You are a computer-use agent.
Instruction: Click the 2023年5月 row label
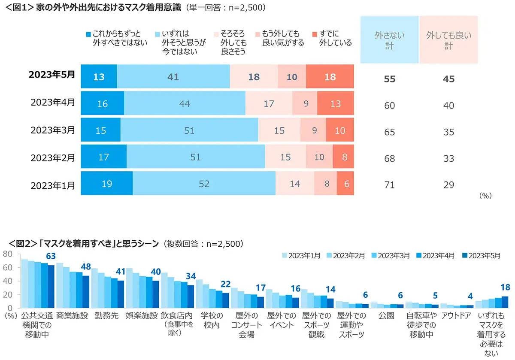coord(52,74)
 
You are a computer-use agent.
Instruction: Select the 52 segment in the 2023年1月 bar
coord(204,184)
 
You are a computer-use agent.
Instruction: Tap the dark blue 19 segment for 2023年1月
coord(106,184)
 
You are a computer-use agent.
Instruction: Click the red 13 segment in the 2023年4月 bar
coord(335,103)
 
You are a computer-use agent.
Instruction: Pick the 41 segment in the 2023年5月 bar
coord(173,77)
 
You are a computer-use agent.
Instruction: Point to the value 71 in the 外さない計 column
coord(389,185)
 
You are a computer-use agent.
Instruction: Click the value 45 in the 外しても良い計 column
coord(448,79)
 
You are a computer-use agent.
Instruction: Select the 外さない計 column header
coord(389,40)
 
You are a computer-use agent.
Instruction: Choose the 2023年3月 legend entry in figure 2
coord(390,256)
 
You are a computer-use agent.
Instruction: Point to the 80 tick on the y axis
coord(7,254)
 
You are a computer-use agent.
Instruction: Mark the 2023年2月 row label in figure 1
coord(53,157)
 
